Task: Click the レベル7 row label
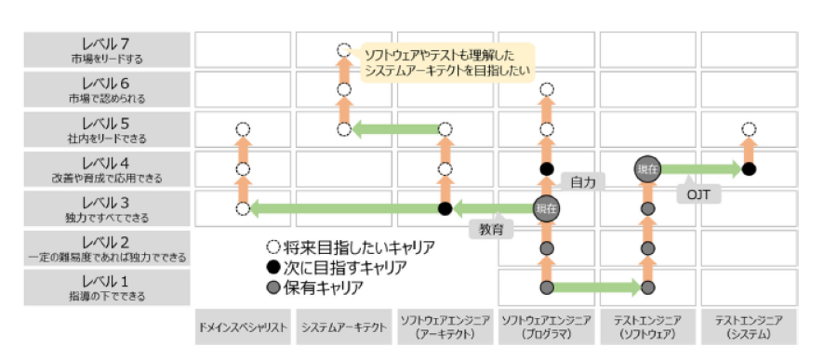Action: [x=107, y=50]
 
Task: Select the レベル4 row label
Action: [x=107, y=170]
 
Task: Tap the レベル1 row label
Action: [x=107, y=287]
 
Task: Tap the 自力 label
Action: [x=583, y=182]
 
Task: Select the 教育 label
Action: [x=492, y=229]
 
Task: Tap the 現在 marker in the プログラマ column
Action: [x=546, y=208]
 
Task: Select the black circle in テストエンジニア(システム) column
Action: [x=749, y=168]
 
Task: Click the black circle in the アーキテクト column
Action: [x=445, y=208]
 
